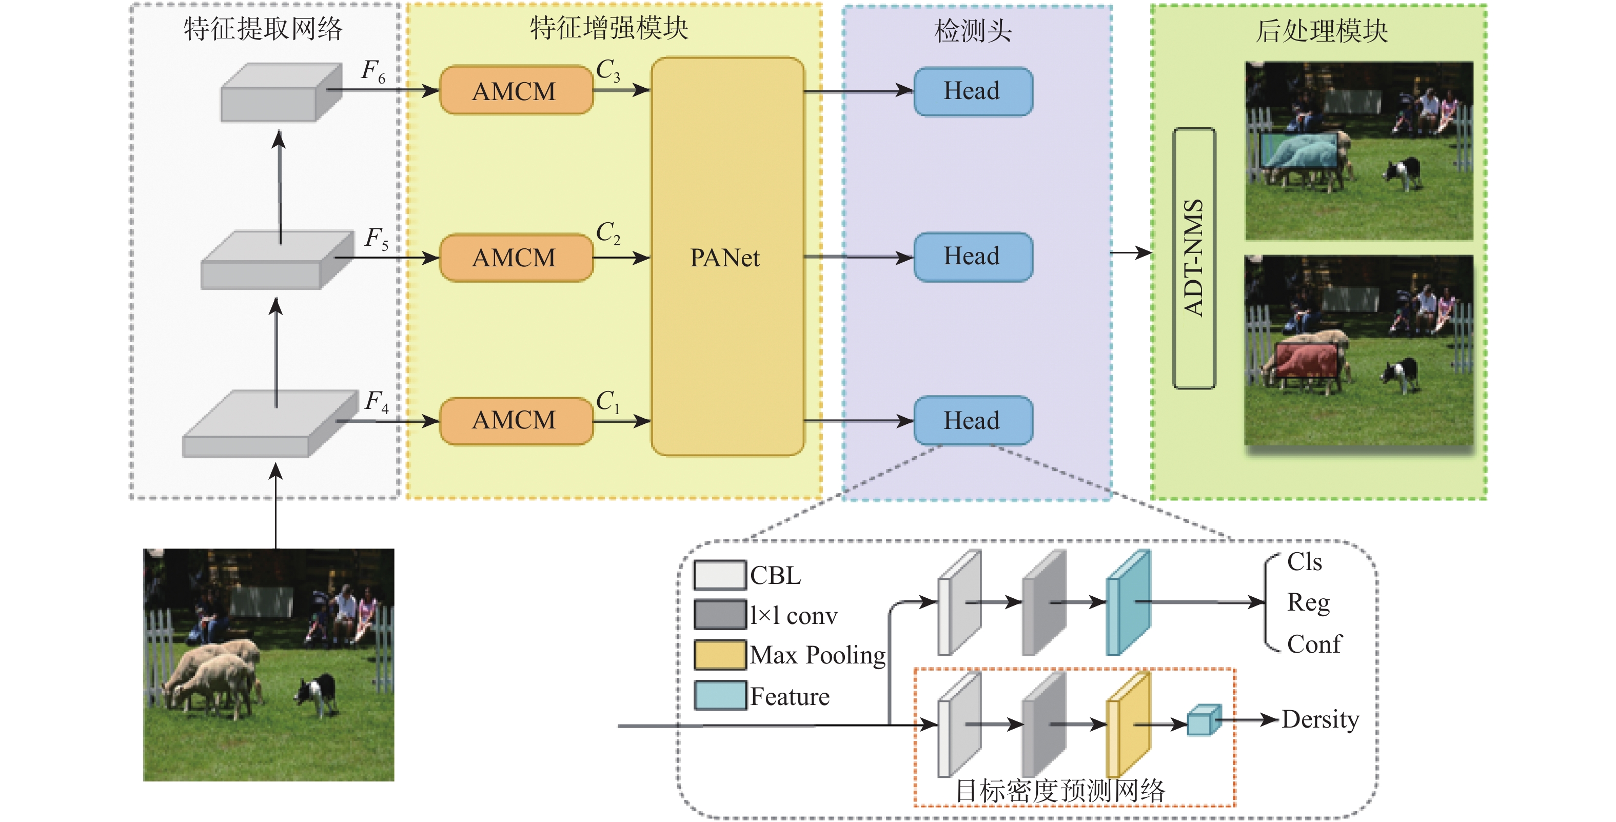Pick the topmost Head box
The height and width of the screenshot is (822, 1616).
(x=972, y=91)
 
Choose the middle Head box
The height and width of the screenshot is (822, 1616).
(x=972, y=257)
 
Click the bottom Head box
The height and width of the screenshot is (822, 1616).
(x=972, y=420)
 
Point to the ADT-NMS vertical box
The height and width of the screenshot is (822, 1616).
(x=1194, y=258)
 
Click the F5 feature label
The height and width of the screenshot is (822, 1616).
(x=377, y=239)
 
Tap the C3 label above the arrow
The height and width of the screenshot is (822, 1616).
(x=607, y=70)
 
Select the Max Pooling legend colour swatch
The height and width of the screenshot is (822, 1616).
(x=720, y=655)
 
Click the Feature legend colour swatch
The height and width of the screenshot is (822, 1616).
(x=720, y=696)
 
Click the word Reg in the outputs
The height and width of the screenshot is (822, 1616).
(x=1308, y=602)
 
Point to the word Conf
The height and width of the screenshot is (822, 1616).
(x=1314, y=644)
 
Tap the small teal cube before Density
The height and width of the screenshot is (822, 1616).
(x=1203, y=720)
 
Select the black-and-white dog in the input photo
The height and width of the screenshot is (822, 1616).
(x=318, y=692)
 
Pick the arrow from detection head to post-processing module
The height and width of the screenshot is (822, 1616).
(x=1131, y=253)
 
